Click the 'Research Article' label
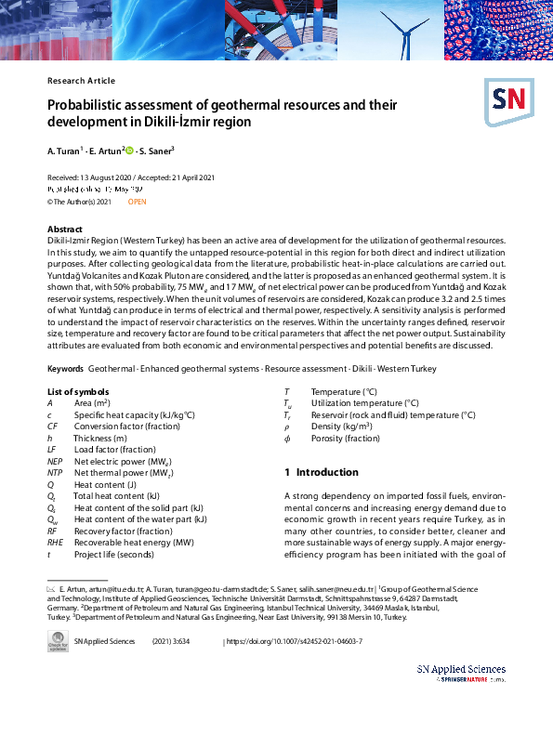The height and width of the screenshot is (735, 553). (81, 81)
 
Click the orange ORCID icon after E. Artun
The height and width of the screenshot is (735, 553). (130, 150)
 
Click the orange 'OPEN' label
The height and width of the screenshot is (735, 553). (136, 202)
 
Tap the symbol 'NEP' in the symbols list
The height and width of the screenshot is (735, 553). (55, 461)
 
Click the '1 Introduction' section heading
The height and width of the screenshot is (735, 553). (321, 472)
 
